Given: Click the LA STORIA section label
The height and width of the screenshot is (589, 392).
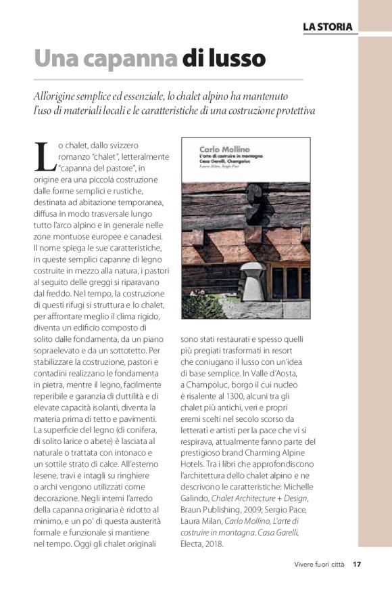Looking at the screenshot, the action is (x=327, y=26).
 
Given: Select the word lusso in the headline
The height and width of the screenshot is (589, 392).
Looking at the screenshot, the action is (x=237, y=59).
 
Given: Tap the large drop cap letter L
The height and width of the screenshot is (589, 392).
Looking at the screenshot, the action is (x=44, y=157).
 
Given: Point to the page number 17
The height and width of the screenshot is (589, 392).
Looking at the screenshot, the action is (x=357, y=564).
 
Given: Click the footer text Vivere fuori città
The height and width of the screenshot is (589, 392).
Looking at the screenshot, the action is (x=318, y=564).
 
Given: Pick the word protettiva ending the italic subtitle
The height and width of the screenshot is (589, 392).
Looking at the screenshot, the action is (x=291, y=110).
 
